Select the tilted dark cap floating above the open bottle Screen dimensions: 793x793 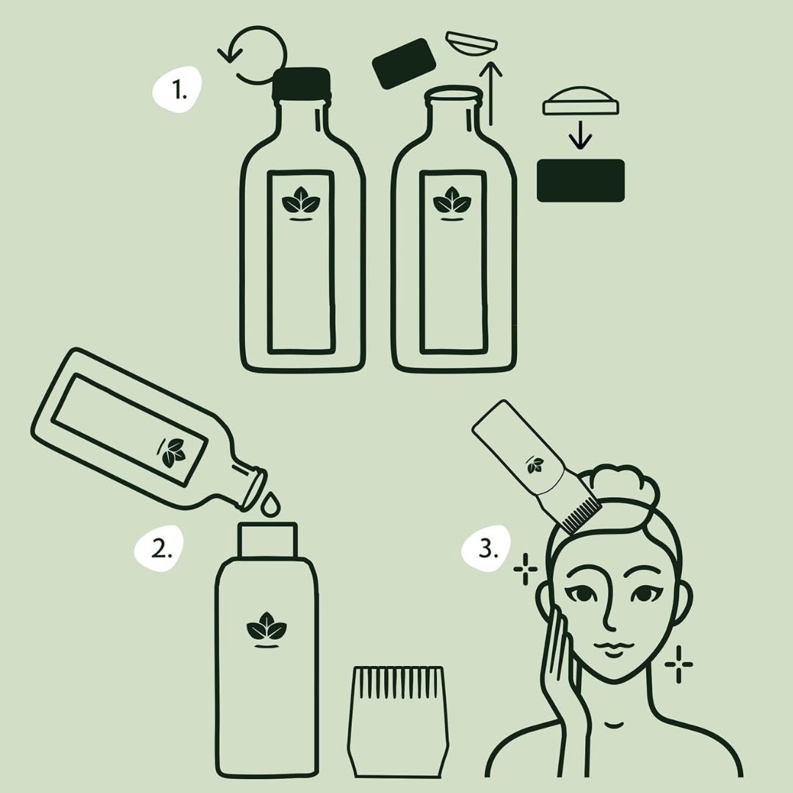click(x=404, y=63)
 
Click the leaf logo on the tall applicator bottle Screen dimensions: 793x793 click(x=267, y=630)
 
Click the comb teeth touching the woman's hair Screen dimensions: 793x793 click(x=577, y=514)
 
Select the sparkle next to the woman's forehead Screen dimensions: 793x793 click(x=525, y=570)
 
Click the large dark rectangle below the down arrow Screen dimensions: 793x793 click(x=581, y=181)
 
